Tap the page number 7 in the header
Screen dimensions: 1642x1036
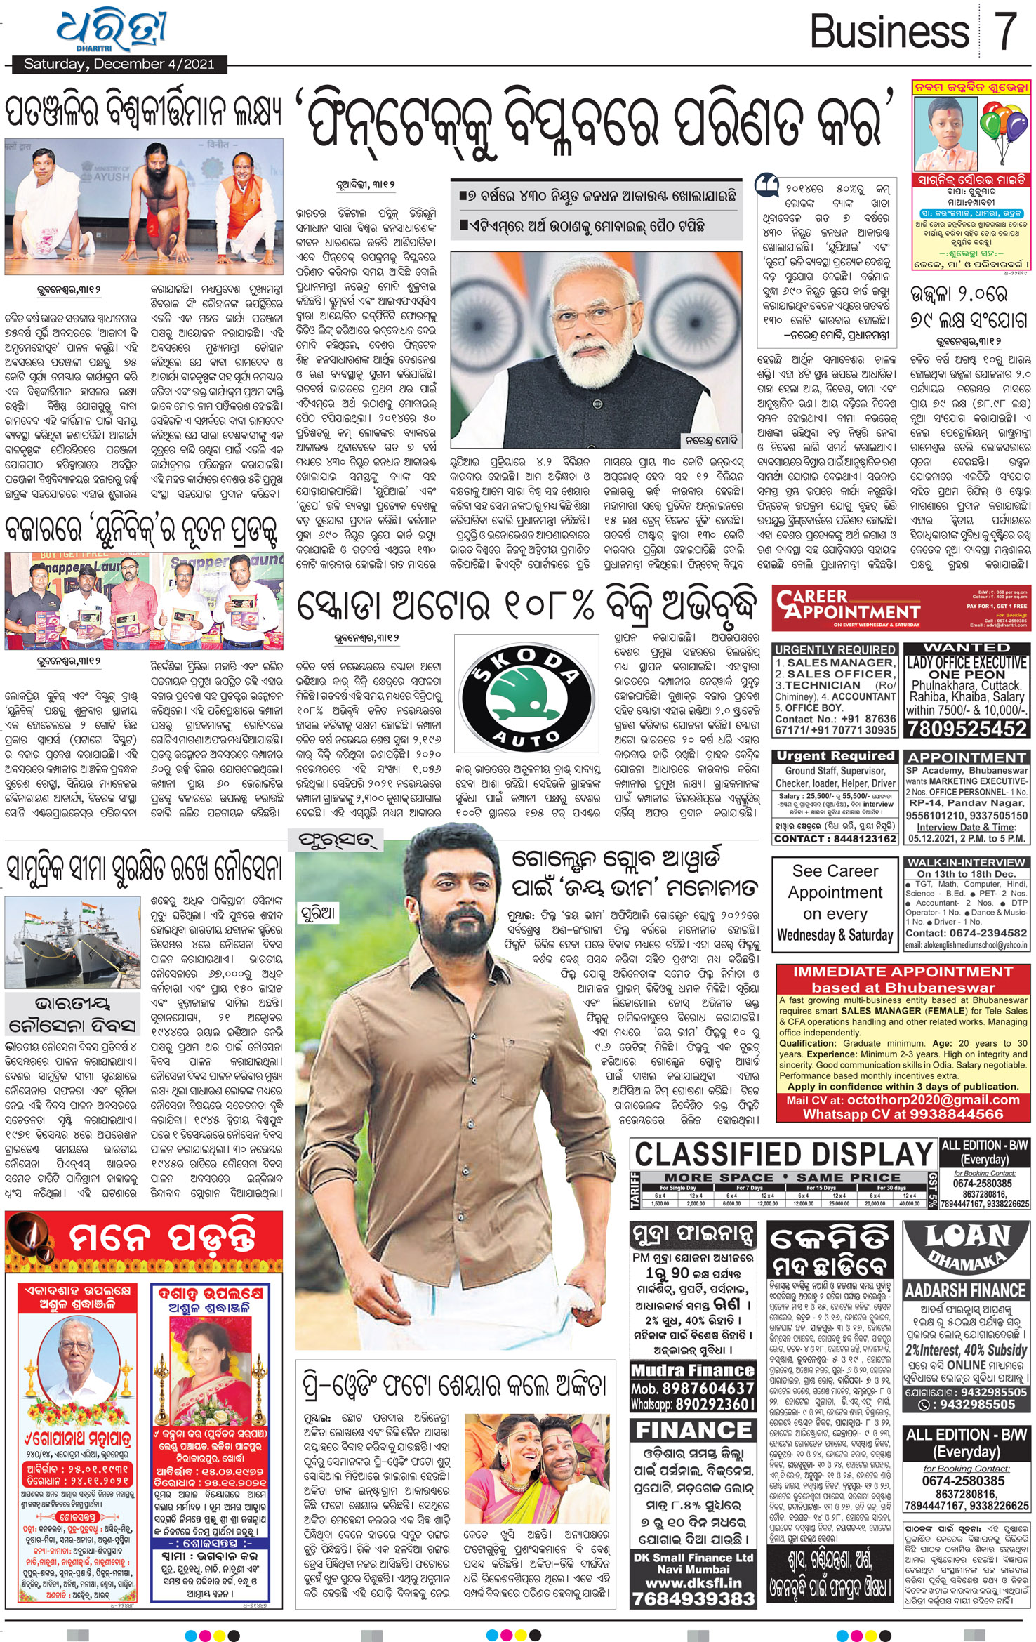(1005, 32)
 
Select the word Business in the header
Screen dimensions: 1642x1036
(889, 32)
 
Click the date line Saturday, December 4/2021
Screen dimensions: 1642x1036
(119, 65)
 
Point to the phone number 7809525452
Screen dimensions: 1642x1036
(967, 729)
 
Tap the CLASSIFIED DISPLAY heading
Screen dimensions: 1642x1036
(783, 1154)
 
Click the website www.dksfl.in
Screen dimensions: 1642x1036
(693, 1583)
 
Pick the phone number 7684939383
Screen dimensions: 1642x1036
(693, 1598)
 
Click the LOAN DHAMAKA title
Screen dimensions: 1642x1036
(966, 1247)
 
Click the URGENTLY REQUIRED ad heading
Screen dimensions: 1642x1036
(835, 649)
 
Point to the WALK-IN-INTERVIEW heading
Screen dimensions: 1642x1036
(966, 862)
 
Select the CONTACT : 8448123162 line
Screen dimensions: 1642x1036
(835, 839)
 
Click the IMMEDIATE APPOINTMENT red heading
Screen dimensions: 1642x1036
(903, 972)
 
